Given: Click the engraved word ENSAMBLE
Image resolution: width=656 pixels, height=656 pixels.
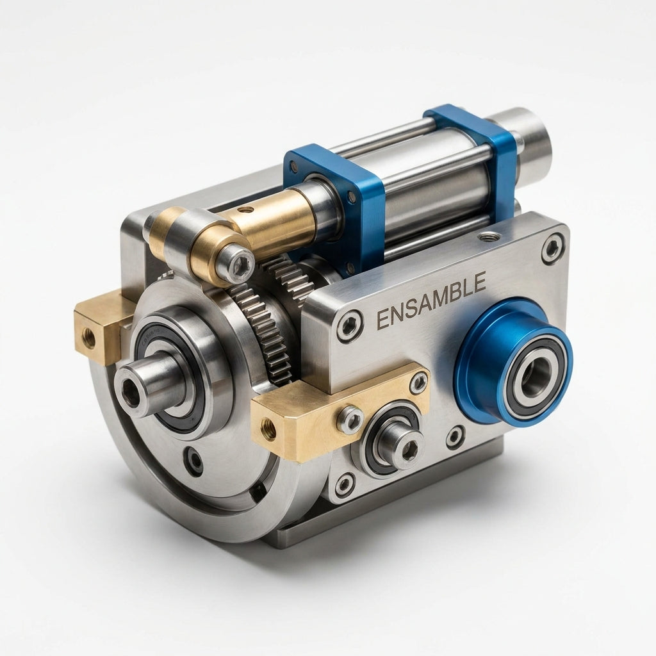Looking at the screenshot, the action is click(431, 300).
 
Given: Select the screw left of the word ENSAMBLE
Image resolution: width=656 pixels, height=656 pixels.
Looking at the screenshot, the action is click(349, 326).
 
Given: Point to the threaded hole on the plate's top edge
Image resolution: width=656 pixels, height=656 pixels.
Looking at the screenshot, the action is click(486, 238).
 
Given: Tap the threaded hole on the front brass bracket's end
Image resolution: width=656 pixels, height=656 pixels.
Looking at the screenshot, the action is click(268, 428).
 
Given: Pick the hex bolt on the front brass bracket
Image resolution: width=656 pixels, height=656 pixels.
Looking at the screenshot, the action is click(350, 420).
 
